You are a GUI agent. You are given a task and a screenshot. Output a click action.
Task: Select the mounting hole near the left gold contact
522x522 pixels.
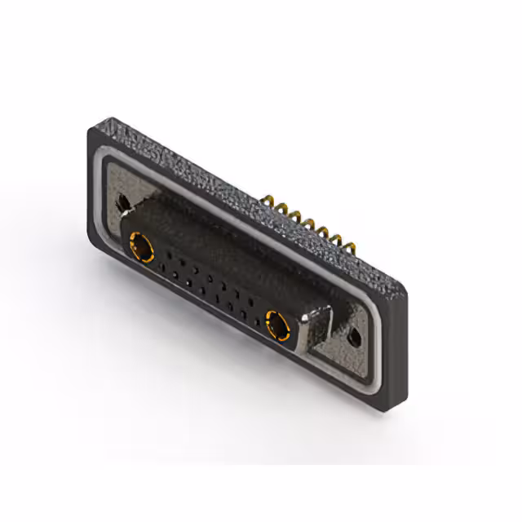tap(123, 200)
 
